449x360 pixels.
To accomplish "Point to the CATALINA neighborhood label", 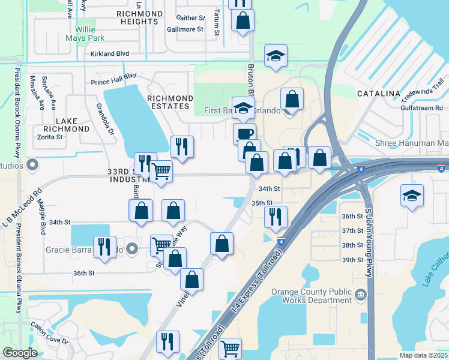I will coord(378,94).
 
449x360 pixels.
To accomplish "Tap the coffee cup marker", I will coord(244,134).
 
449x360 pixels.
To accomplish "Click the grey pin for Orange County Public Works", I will coord(360,294).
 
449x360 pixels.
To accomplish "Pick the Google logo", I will coord(20,353).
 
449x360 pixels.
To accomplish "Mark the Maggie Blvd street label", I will coord(43,221).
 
